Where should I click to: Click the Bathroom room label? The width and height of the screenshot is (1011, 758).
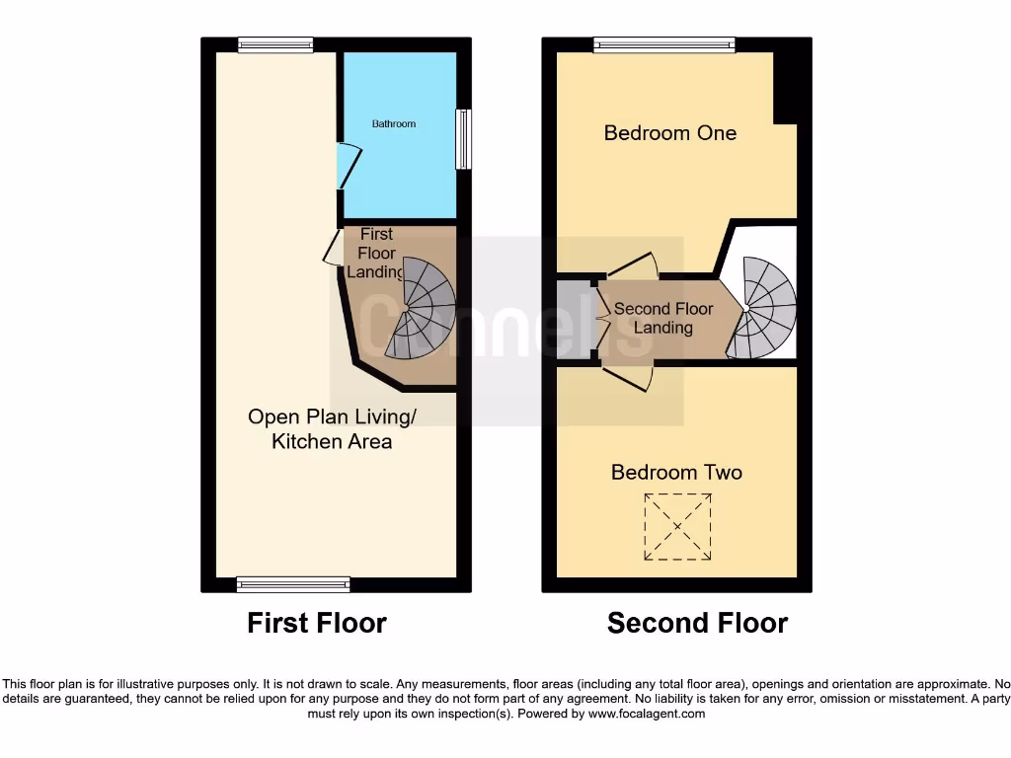[394, 124]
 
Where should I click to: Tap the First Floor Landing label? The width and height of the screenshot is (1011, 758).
[376, 254]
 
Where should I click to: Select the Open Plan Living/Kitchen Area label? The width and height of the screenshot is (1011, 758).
[332, 429]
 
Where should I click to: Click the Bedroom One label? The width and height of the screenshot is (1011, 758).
[670, 133]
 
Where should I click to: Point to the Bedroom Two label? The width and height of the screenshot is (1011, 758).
[676, 473]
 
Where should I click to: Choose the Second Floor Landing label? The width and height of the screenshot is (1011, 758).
[663, 318]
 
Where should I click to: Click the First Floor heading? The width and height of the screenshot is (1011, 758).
[317, 624]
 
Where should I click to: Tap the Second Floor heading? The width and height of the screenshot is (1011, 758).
[697, 624]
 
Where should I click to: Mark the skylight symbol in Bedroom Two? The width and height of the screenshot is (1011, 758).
[677, 527]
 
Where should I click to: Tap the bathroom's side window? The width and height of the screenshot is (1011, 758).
[463, 139]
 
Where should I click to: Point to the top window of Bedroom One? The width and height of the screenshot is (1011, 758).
[664, 44]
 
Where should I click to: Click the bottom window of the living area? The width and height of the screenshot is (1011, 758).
[293, 585]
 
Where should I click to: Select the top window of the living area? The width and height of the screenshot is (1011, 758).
[275, 44]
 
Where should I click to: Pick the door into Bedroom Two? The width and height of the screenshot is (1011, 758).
[629, 377]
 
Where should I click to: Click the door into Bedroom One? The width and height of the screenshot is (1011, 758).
[632, 265]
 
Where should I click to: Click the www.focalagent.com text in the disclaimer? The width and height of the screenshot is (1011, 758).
[646, 714]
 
